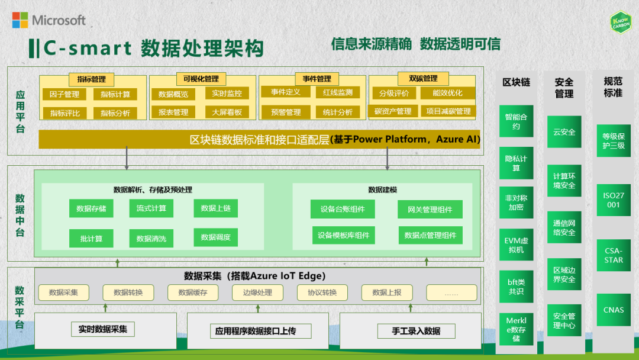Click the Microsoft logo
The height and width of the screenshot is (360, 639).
click(x=49, y=20)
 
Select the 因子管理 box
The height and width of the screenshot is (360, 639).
click(x=64, y=94)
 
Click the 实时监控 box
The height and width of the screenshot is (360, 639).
click(x=227, y=93)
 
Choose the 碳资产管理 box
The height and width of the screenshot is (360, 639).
click(x=393, y=111)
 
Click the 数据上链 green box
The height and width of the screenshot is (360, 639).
click(x=215, y=208)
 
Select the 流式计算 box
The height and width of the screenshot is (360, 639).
click(x=151, y=208)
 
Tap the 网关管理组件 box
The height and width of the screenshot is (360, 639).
click(x=430, y=209)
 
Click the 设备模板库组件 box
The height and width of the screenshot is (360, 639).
click(x=343, y=235)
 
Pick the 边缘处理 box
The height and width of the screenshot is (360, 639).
click(x=257, y=292)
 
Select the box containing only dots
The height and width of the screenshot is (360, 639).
click(x=451, y=292)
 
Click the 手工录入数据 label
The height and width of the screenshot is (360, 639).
click(x=416, y=331)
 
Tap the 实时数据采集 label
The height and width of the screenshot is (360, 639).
click(x=103, y=329)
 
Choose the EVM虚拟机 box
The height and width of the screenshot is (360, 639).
click(x=514, y=245)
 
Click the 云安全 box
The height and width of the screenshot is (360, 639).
click(x=564, y=131)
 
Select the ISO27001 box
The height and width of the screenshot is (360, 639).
click(x=614, y=200)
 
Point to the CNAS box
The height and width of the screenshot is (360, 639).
click(x=614, y=310)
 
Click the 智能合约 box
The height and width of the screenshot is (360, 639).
click(x=516, y=121)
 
